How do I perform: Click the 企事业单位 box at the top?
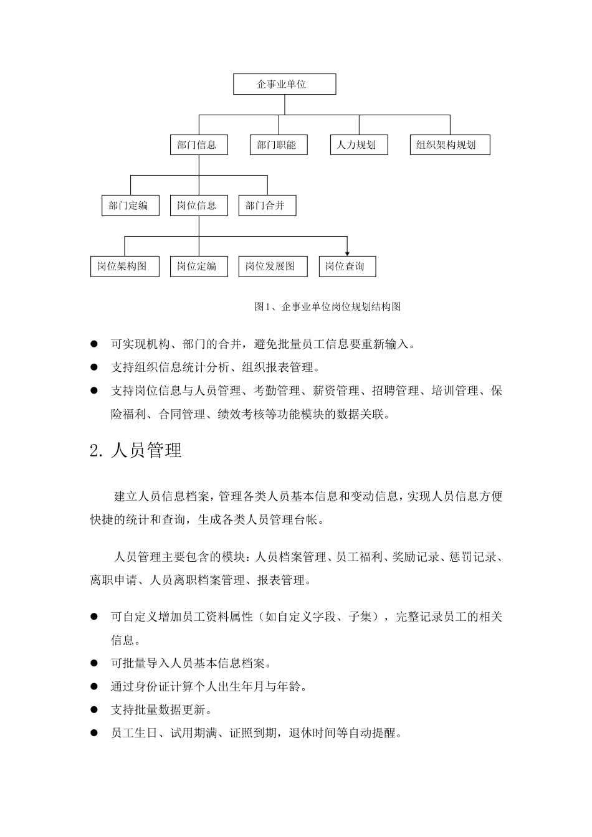[x=284, y=84]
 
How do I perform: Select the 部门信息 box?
[x=198, y=145]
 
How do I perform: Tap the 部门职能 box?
[x=278, y=145]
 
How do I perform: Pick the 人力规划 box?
[x=358, y=145]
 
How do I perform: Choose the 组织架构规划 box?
[x=449, y=145]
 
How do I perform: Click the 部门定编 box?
[x=130, y=206]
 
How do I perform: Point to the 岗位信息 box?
[x=198, y=206]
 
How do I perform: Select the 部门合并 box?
[x=267, y=206]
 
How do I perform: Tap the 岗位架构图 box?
[x=124, y=267]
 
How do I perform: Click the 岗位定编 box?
[x=198, y=267]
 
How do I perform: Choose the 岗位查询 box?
[x=346, y=267]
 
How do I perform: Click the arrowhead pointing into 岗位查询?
[x=347, y=253]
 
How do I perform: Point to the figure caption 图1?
[x=327, y=306]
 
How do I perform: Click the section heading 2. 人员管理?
[x=136, y=450]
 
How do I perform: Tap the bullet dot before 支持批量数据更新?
[x=95, y=709]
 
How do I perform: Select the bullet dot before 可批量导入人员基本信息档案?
[x=95, y=663]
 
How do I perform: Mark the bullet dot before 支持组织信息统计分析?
[x=95, y=367]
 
